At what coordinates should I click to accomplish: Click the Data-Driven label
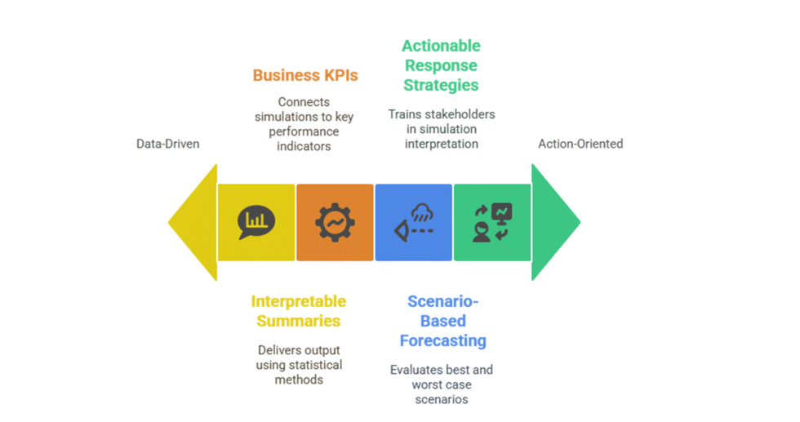(167, 144)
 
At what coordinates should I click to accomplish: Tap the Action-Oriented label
(580, 144)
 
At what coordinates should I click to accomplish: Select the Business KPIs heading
(304, 75)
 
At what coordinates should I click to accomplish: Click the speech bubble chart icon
(256, 222)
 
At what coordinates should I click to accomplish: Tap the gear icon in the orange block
(335, 222)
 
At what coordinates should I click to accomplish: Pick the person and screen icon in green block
(492, 222)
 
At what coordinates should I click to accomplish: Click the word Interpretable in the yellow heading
(298, 302)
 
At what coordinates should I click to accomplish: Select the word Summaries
(298, 322)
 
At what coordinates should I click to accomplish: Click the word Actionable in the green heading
(441, 46)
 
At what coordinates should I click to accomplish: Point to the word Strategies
(441, 85)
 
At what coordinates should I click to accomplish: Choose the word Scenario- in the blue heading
(442, 302)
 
